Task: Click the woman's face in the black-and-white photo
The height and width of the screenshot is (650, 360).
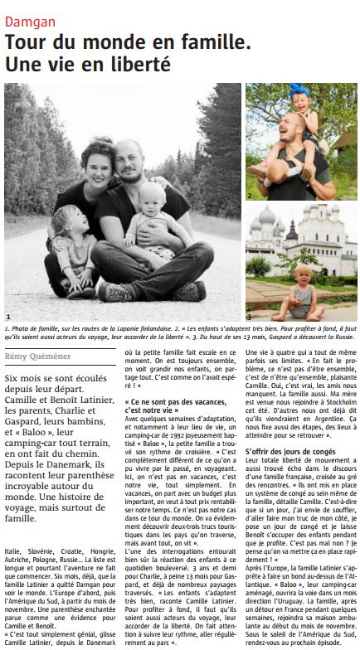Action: tap(97, 162)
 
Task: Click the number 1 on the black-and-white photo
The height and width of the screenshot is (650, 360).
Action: tap(8, 317)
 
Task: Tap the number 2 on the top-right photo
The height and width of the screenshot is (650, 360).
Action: tap(248, 196)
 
